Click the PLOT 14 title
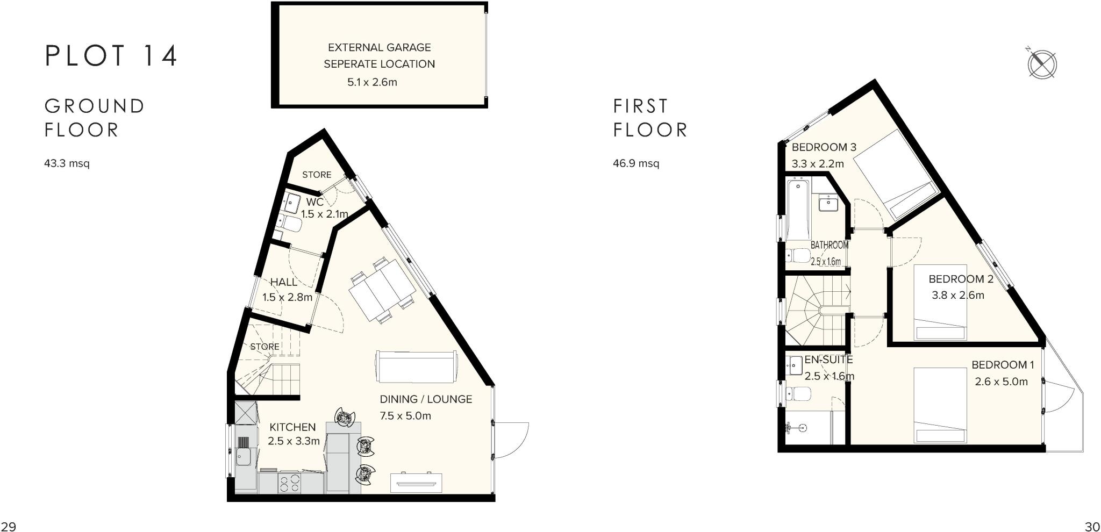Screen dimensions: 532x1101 point(111,56)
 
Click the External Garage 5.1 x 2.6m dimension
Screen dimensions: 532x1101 point(372,83)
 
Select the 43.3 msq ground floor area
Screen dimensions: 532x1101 point(67,163)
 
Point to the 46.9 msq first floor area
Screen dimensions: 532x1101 point(636,163)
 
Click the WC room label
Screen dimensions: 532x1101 point(314,202)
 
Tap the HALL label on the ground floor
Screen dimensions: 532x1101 point(283,282)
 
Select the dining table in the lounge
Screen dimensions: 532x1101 point(382,290)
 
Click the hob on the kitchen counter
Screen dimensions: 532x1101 point(290,483)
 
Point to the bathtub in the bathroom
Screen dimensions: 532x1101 point(798,210)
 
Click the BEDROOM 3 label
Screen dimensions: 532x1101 point(824,147)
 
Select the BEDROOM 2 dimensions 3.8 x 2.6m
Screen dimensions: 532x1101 point(957,295)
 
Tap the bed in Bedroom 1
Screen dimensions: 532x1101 point(940,406)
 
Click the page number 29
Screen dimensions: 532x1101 point(8,526)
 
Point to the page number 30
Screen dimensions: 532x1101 point(1092,526)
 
